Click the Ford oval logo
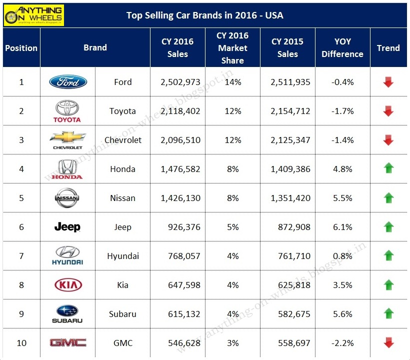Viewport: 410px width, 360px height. [68, 82]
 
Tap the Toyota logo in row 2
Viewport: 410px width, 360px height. [67, 111]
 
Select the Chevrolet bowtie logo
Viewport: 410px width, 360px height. [67, 139]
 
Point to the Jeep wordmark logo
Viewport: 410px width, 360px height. [67, 227]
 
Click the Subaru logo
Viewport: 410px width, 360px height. [67, 313]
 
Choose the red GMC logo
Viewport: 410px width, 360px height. [67, 342]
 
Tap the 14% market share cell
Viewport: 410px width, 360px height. [232, 82]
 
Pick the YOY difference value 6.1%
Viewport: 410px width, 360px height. [342, 227]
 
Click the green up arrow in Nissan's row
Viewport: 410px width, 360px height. [388, 198]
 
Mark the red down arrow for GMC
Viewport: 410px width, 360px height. [388, 342]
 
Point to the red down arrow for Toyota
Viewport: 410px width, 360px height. [388, 111]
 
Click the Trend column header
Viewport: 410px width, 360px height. [388, 48]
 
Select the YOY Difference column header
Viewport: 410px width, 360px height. [342, 48]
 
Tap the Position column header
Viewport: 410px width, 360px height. [21, 48]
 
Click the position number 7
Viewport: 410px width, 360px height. [21, 256]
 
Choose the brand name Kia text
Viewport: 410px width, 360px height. [122, 285]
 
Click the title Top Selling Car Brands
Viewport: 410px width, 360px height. [204, 15]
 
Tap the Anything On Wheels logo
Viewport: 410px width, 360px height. [33, 15]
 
